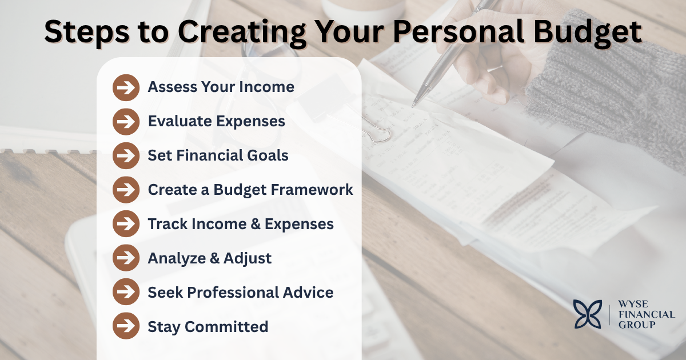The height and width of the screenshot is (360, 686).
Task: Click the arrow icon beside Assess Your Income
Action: tap(126, 87)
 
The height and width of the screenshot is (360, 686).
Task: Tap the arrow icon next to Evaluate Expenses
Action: tap(126, 121)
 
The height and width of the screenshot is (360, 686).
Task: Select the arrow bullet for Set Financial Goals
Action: tap(126, 155)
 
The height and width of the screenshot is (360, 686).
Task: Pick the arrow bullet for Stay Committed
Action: tap(126, 327)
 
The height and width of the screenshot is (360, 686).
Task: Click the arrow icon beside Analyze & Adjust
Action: tap(126, 258)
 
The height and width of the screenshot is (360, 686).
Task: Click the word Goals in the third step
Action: tap(269, 155)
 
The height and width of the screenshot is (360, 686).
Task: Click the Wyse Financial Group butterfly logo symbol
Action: tap(589, 314)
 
